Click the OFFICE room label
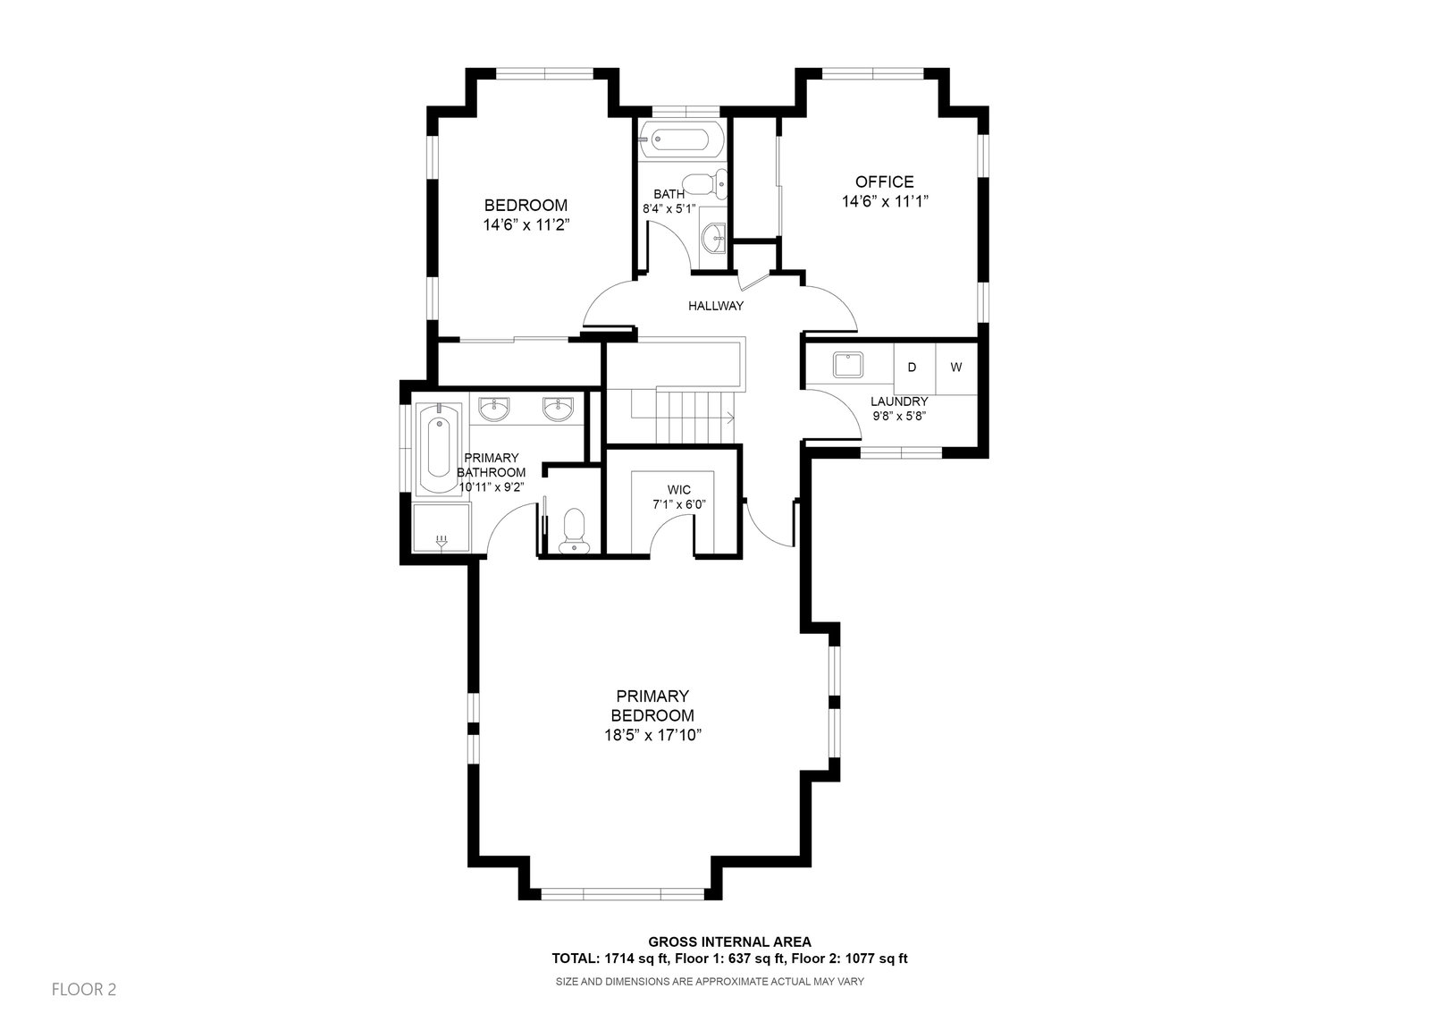[884, 182]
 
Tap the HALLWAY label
[716, 306]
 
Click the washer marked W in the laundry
[956, 367]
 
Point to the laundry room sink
[848, 365]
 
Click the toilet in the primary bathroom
[576, 531]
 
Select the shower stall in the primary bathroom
[442, 527]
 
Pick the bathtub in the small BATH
[681, 139]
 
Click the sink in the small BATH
[714, 239]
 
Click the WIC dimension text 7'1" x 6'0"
[678, 504]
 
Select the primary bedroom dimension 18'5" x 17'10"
[652, 735]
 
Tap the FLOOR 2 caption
[84, 990]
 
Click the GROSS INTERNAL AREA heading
[729, 942]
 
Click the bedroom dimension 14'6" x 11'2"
[526, 224]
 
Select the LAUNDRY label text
[899, 401]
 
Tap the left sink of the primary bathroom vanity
[494, 409]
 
